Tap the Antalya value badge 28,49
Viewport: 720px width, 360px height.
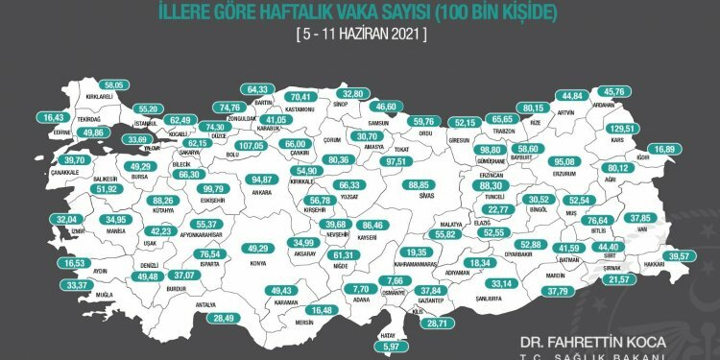(x=224, y=318)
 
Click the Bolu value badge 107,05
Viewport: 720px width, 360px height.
(x=250, y=145)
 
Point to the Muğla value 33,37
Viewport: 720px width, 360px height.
(x=47, y=285)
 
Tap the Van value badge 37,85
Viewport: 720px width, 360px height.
(x=666, y=217)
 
